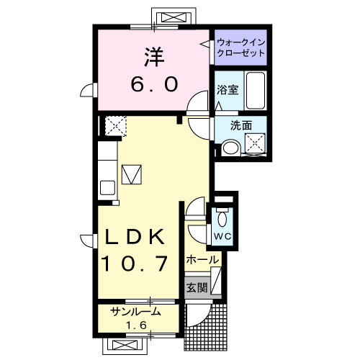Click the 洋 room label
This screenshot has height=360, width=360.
(154, 58)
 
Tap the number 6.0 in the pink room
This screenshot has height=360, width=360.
(155, 84)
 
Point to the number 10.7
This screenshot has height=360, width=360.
(135, 264)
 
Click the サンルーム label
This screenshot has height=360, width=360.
(135, 312)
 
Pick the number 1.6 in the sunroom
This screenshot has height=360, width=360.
(136, 325)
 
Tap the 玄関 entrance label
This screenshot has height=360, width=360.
(197, 287)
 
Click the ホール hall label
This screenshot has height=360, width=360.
(203, 260)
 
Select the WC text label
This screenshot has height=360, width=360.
(222, 237)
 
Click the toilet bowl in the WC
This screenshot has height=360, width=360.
(222, 219)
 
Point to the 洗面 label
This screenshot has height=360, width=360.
(241, 125)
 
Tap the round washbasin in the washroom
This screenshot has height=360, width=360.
(230, 148)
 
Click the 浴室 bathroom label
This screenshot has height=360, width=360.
(228, 90)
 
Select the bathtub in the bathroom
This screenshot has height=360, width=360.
(256, 91)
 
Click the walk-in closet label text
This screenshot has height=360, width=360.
(240, 48)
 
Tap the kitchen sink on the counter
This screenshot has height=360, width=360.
(107, 188)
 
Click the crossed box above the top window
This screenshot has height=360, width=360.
(174, 18)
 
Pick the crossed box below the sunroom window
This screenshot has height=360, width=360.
(125, 346)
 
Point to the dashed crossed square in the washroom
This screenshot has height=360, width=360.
(255, 143)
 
